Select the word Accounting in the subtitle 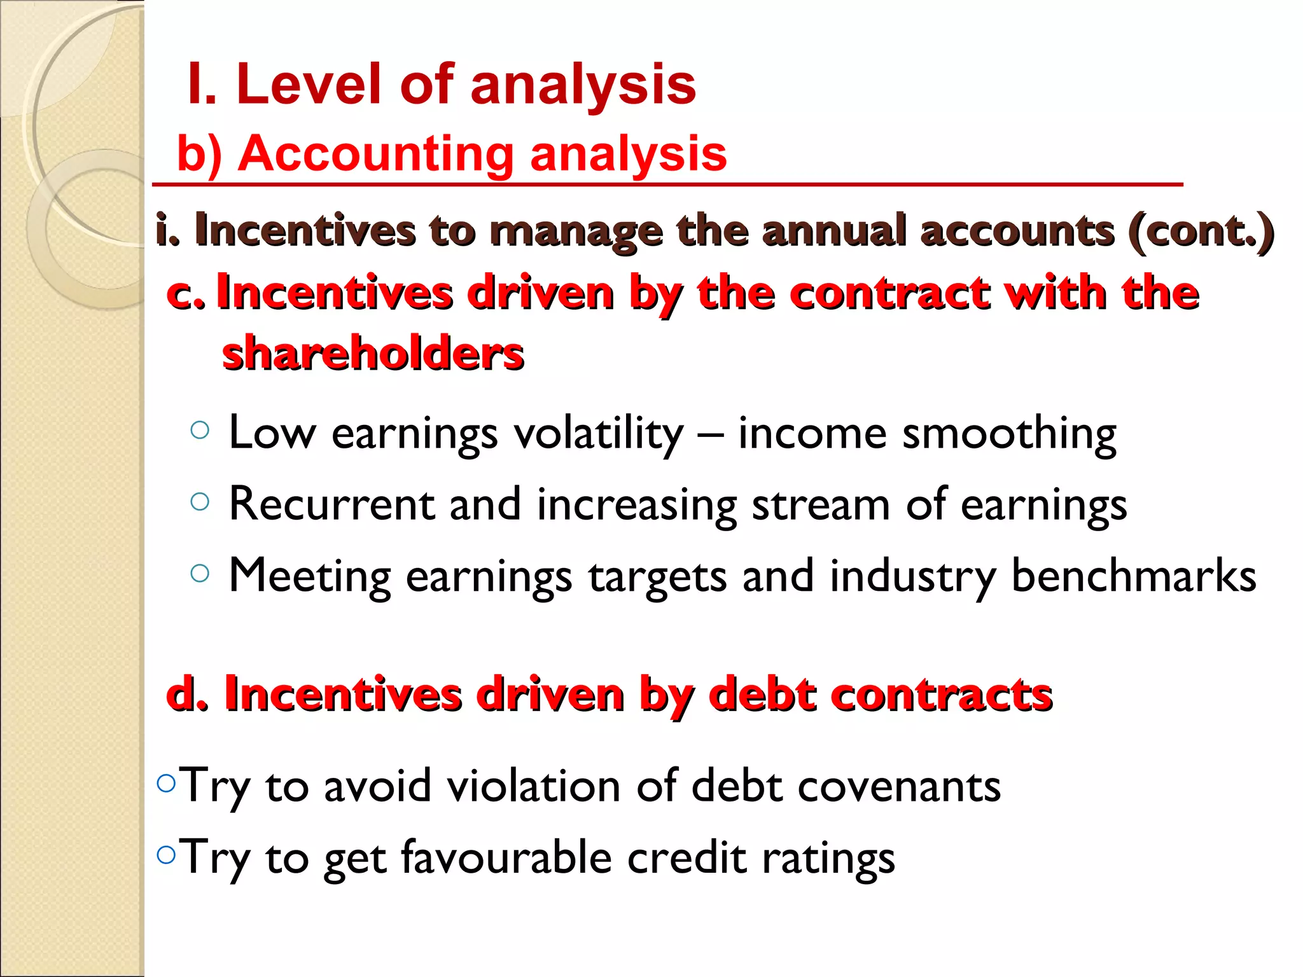coord(375,154)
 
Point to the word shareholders coord(373,354)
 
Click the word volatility coord(598,434)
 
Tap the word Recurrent coord(331,504)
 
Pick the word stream coord(821,504)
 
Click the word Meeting coord(309,576)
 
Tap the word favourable coord(506,858)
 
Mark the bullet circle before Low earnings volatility coord(200,431)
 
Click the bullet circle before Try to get coord(165,854)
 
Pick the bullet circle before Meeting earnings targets coord(200,573)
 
